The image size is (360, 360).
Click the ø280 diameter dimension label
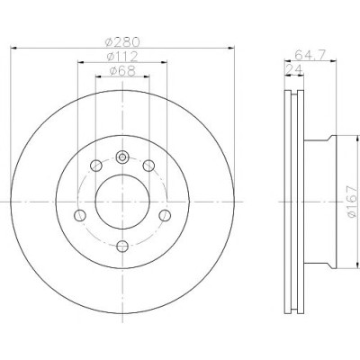(122, 42)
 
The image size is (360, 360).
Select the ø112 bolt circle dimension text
(122, 57)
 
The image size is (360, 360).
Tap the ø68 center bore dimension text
(122, 71)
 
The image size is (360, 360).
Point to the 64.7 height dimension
(310, 55)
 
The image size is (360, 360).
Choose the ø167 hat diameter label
(352, 202)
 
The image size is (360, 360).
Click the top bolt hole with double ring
(122, 157)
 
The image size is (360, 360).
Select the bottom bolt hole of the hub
(122, 247)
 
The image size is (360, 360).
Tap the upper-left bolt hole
(96, 166)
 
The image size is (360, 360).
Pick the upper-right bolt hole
(148, 166)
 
